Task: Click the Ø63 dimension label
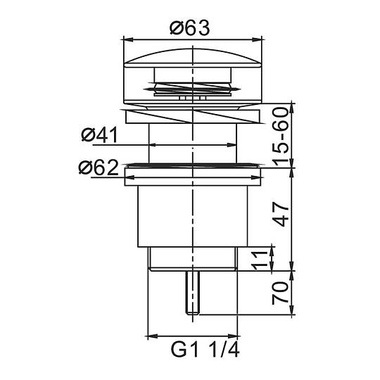click(x=190, y=28)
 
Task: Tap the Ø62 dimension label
click(x=99, y=167)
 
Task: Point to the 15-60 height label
click(x=281, y=137)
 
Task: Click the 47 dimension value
click(x=281, y=215)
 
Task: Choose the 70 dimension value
click(x=281, y=293)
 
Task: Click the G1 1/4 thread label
click(x=205, y=349)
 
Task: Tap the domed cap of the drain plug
click(x=193, y=58)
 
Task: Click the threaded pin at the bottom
click(x=192, y=293)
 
